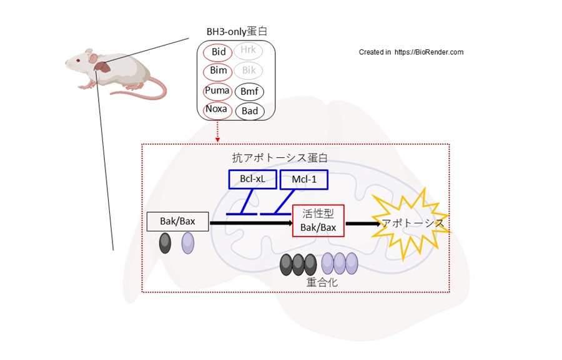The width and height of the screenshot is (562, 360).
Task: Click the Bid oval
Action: tap(219, 52)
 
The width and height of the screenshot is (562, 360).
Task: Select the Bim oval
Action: tap(219, 71)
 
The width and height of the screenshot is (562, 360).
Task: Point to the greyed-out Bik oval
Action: tap(249, 71)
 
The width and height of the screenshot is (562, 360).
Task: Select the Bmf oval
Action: tap(249, 92)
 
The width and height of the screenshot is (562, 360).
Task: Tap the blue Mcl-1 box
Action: tap(304, 180)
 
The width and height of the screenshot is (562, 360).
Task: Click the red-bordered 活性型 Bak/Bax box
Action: tap(318, 221)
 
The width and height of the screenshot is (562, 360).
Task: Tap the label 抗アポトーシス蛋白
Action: tap(279, 158)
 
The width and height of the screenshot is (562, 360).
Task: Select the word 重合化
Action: tap(322, 282)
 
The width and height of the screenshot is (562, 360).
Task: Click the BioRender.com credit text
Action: tap(411, 52)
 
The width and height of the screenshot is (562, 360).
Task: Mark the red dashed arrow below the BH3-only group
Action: tap(217, 132)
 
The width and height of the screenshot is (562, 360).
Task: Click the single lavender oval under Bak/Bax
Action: tap(188, 243)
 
